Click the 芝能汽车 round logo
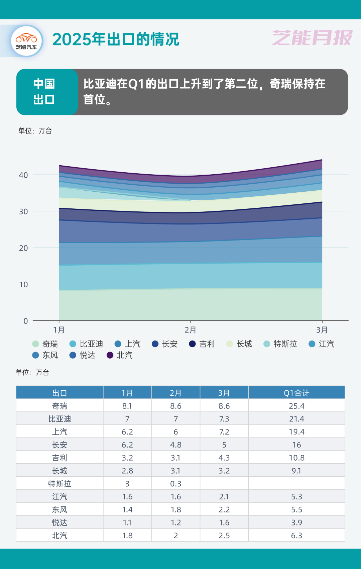[27, 41]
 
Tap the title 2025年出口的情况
[116, 39]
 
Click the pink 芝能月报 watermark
[312, 37]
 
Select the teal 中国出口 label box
[44, 92]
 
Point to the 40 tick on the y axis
[23, 175]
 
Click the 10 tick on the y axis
[23, 285]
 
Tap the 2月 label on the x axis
[191, 330]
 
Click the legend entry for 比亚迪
[87, 344]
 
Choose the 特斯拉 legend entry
[281, 344]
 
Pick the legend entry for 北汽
[120, 355]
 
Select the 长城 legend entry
[240, 344]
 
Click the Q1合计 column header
[296, 393]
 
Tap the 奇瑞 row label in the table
[59, 406]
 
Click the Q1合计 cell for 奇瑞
[296, 406]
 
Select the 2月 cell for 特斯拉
[176, 484]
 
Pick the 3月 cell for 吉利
[224, 458]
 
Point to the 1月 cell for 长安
[127, 445]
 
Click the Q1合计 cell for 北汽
[296, 536]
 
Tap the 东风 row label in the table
[59, 510]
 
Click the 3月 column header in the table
[224, 393]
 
